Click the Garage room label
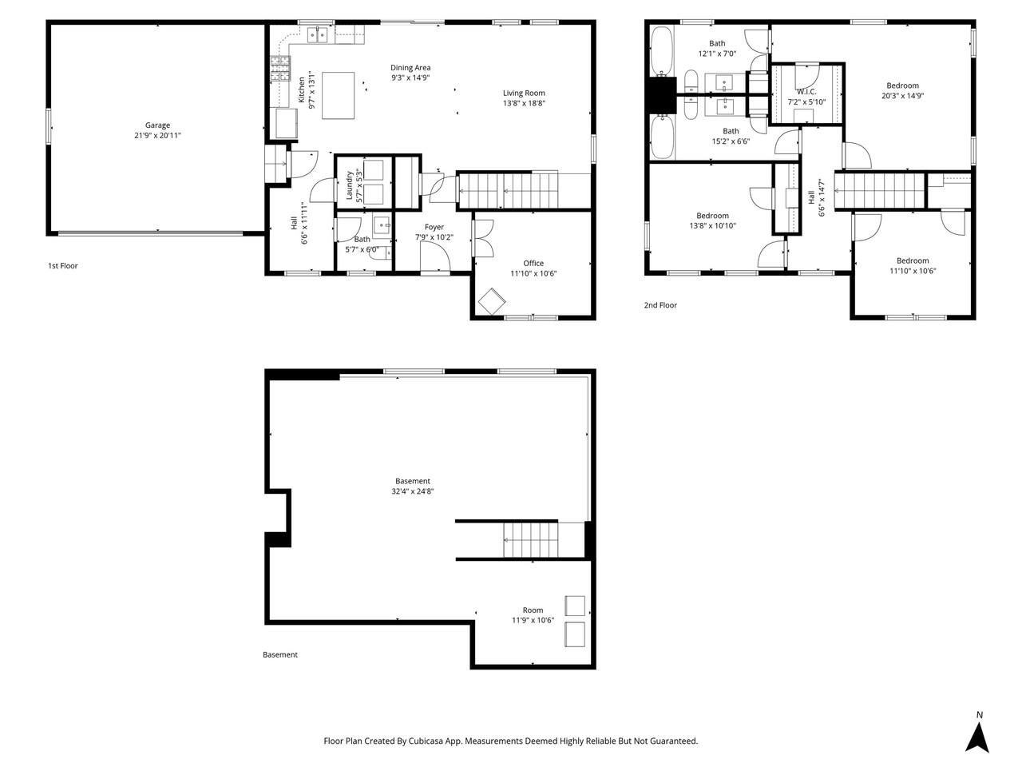pos(157,125)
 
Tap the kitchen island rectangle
pos(339,95)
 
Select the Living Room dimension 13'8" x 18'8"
pos(524,103)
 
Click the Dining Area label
pos(410,68)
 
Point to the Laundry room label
pos(350,185)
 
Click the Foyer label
pos(434,227)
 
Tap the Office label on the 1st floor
pos(533,263)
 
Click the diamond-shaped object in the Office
pos(491,302)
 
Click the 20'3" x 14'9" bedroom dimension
pos(902,96)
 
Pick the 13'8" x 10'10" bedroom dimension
pos(712,226)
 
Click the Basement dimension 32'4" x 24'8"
pos(413,491)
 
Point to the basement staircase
pos(531,540)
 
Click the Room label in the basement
pos(533,610)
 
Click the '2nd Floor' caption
pos(660,305)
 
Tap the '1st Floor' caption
pos(63,266)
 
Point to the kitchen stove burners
pos(279,69)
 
